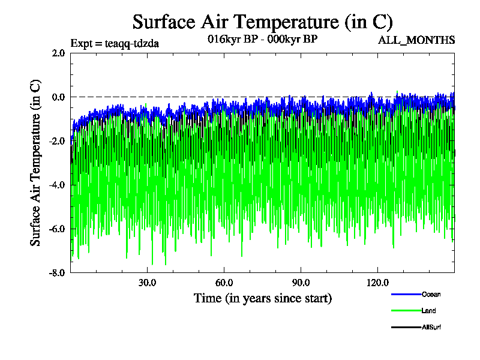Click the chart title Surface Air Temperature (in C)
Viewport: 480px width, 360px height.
[262, 22]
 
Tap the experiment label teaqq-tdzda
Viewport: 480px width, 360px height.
[115, 43]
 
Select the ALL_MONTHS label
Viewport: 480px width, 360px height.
[416, 40]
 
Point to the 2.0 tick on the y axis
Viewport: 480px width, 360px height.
[58, 53]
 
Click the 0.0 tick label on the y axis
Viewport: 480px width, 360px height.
[58, 97]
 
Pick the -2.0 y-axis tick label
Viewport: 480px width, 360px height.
[57, 141]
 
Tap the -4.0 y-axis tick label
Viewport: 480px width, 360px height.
[57, 185]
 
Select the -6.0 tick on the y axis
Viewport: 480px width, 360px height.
[57, 229]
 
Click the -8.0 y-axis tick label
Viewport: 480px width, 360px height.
[57, 272]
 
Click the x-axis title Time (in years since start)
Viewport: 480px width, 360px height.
[262, 298]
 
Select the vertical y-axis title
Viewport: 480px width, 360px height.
[36, 163]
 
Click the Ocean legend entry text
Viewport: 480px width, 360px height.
[431, 294]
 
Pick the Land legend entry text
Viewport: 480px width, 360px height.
[429, 311]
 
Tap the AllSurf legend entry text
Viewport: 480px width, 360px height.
[432, 327]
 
